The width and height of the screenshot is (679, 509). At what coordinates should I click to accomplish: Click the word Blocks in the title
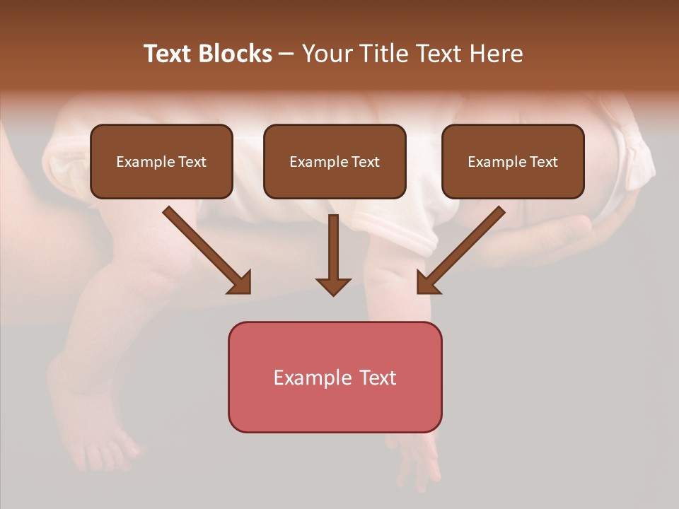[236, 54]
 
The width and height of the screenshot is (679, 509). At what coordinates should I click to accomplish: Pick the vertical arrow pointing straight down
[333, 255]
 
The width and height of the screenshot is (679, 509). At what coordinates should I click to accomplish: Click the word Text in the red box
[378, 378]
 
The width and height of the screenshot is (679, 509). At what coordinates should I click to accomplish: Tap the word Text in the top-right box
[543, 162]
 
